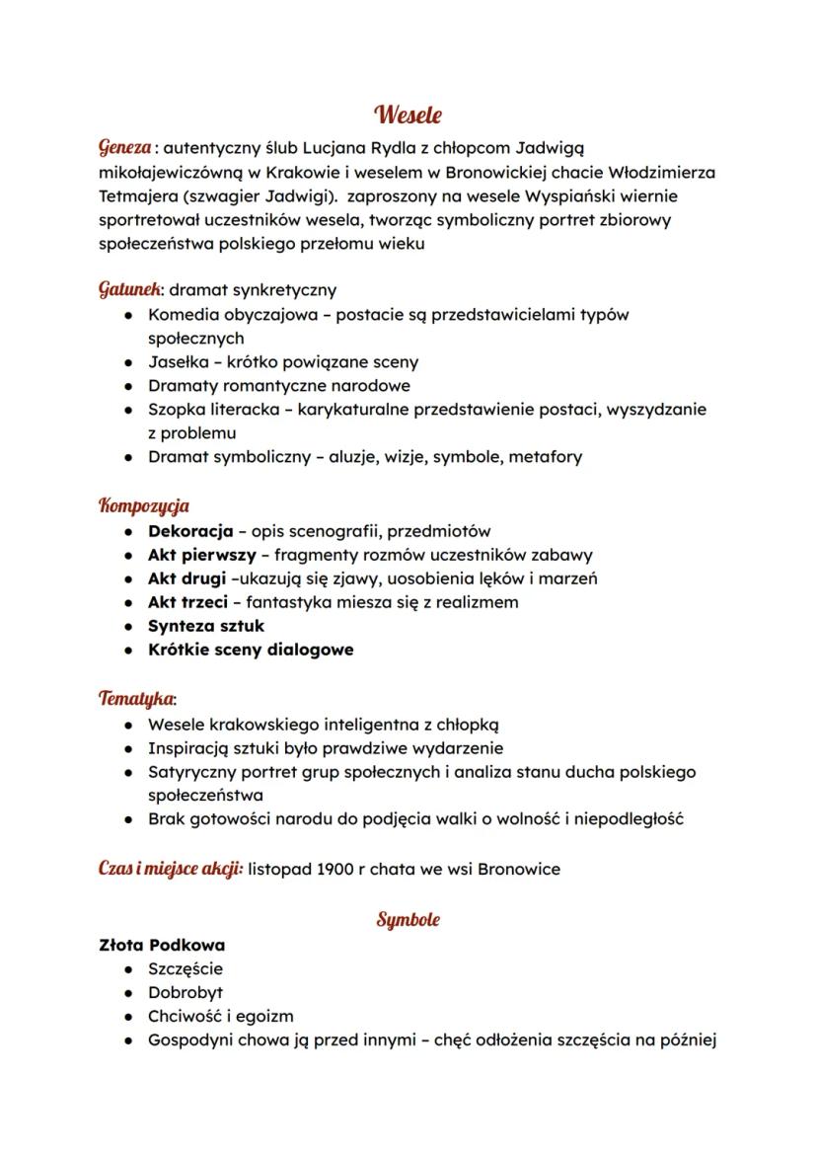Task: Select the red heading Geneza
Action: tap(124, 148)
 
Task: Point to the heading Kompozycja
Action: tap(143, 506)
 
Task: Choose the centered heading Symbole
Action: tap(408, 920)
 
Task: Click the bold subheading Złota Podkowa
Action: tap(162, 945)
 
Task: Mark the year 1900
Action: tap(338, 870)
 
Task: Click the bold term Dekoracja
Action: tap(190, 531)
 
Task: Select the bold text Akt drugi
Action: tap(186, 578)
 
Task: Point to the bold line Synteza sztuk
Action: tap(206, 626)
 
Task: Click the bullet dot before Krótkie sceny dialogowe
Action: tap(129, 651)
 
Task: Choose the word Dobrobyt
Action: tap(186, 992)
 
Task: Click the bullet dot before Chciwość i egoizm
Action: tap(129, 1017)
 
